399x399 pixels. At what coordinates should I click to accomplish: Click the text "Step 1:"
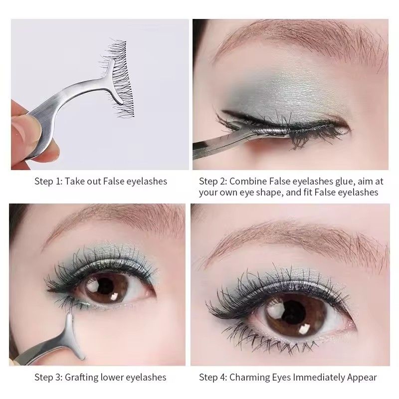coord(48,181)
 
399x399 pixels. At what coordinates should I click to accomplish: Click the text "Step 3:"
coord(48,378)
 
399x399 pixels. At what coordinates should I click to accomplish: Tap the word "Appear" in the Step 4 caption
coord(361,378)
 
